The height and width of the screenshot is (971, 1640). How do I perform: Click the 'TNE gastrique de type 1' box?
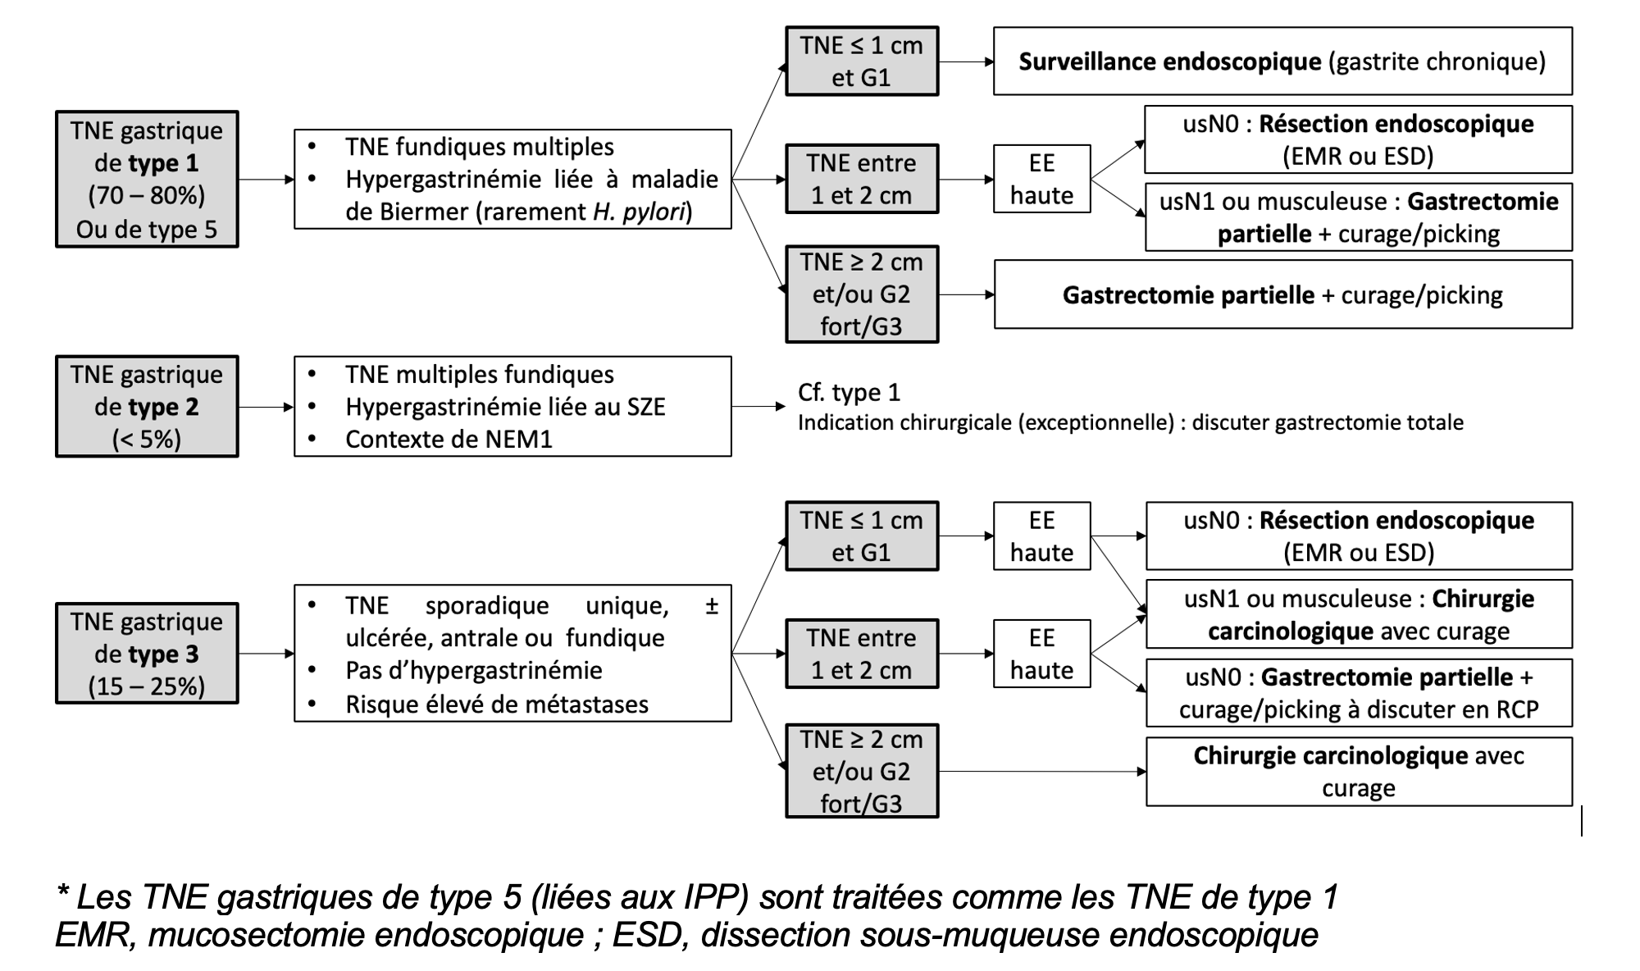[x=147, y=179]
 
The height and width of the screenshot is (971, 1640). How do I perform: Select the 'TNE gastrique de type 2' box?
[x=147, y=406]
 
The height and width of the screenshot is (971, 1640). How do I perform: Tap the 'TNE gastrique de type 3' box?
[x=147, y=654]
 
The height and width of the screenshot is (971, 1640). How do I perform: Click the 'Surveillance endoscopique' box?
[x=1282, y=62]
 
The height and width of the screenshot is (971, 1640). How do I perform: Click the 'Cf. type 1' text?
[x=849, y=392]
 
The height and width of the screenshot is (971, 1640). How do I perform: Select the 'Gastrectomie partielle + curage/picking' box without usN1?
[x=1282, y=294]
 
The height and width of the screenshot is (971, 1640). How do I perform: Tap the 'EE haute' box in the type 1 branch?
[x=1041, y=179]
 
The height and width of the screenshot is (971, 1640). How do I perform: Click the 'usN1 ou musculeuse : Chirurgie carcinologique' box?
[x=1359, y=614]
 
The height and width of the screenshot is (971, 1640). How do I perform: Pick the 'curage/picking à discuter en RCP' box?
[x=1359, y=693]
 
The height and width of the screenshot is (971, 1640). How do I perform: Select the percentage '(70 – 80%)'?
[x=147, y=195]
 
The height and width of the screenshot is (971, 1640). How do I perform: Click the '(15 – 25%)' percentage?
[x=147, y=686]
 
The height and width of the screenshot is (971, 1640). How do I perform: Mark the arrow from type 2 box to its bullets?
[x=266, y=407]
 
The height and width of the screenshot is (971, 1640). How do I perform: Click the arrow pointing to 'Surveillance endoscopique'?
[x=966, y=62]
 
